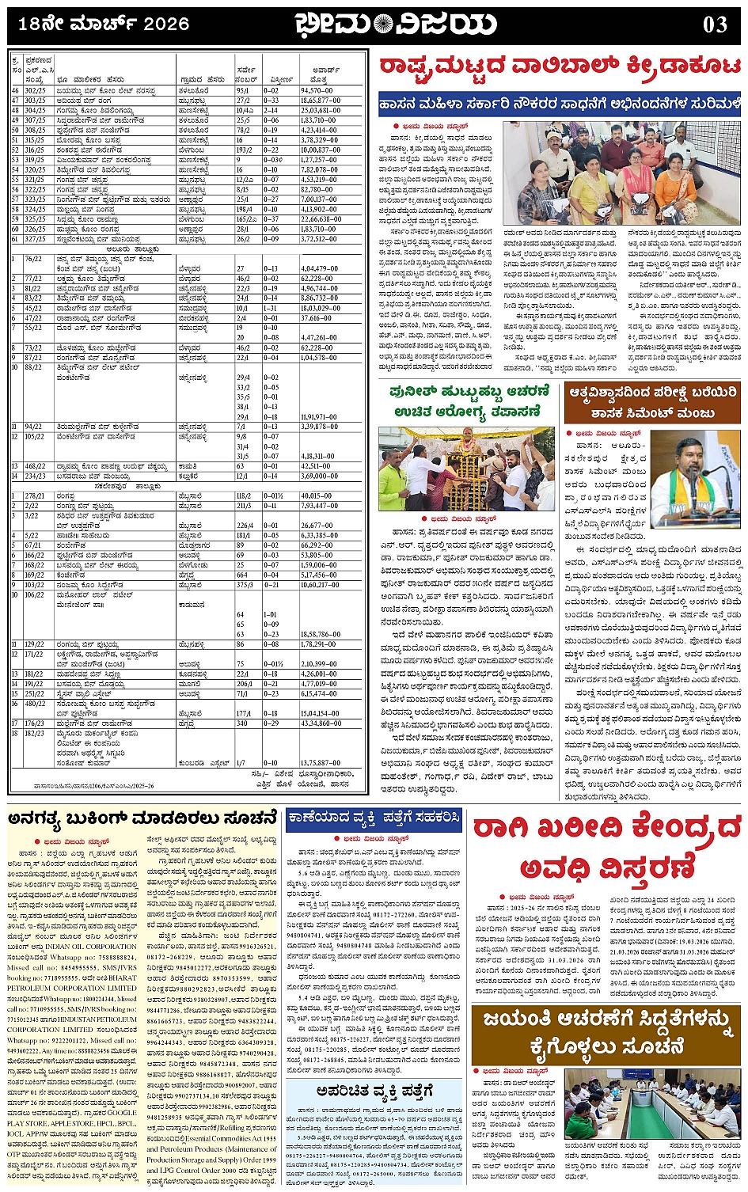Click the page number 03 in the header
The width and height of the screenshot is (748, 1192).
(714, 25)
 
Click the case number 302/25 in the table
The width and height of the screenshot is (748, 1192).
(34, 91)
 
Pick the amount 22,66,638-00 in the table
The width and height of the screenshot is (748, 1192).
(321, 219)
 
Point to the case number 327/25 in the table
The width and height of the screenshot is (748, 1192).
(34, 238)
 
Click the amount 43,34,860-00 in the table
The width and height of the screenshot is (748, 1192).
(321, 723)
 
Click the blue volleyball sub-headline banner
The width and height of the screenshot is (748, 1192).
(560, 104)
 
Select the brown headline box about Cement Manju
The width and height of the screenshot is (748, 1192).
(651, 402)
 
